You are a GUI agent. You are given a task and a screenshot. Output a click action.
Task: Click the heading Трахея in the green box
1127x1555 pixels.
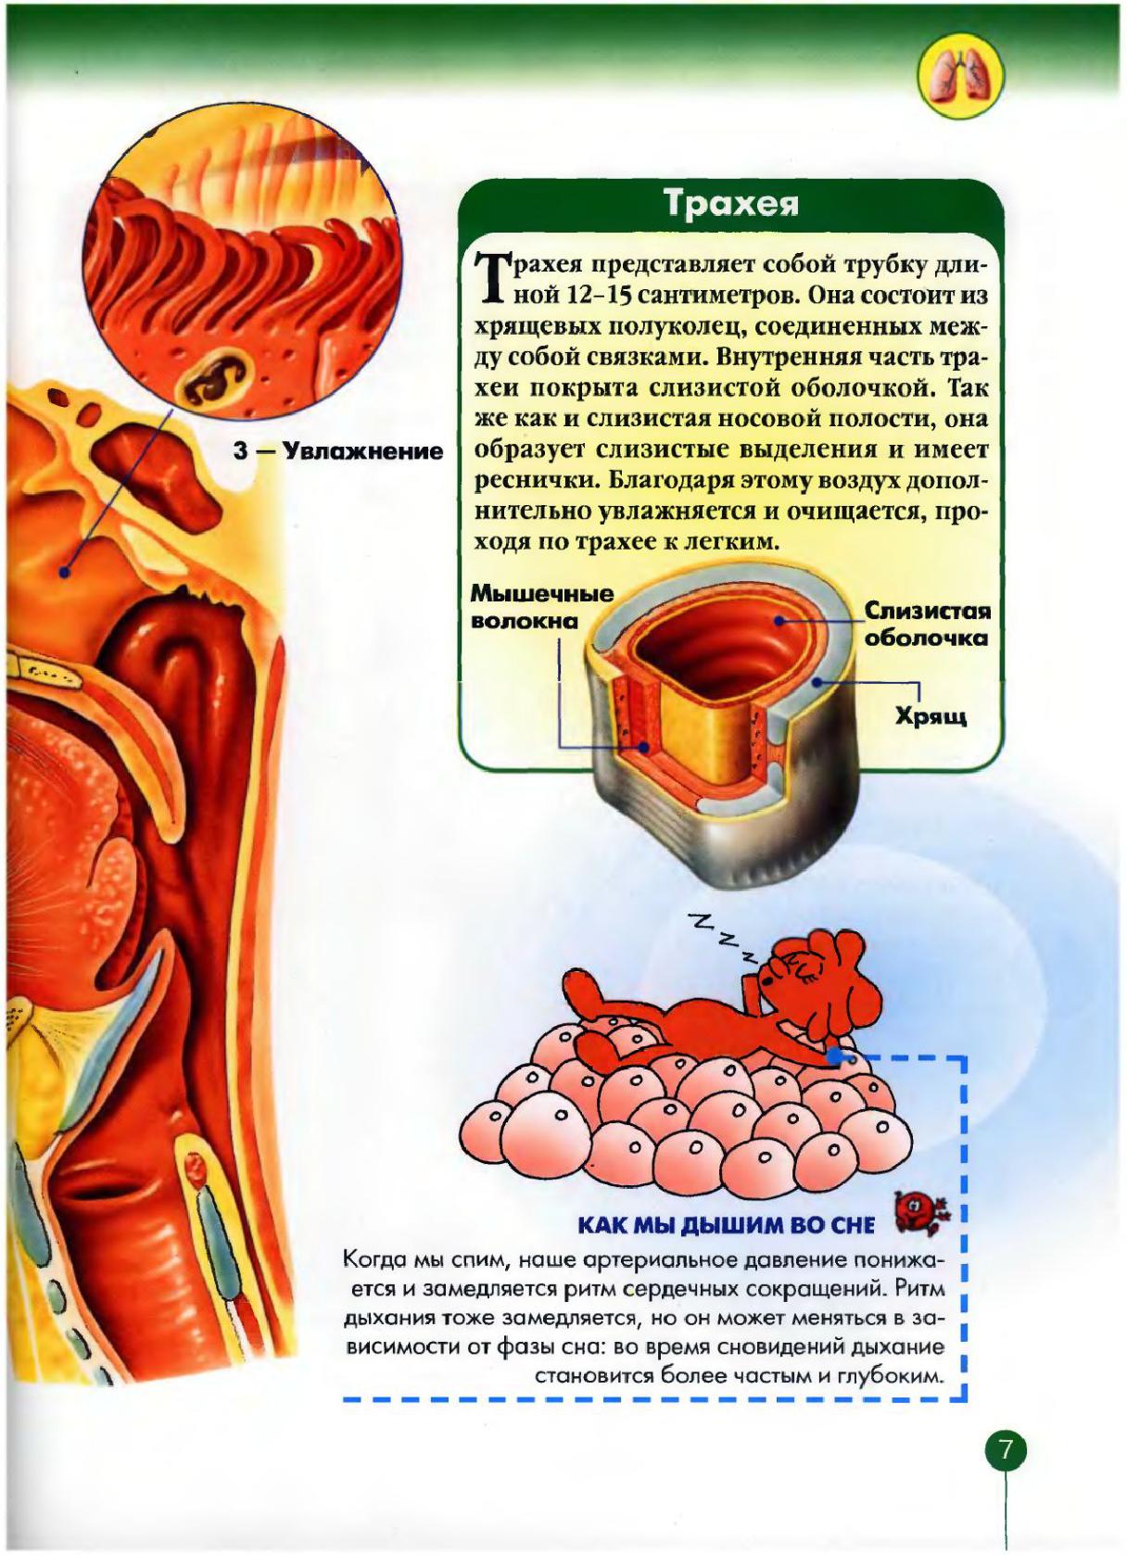coord(732,203)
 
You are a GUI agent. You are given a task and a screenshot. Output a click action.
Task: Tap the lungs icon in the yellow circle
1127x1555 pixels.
coord(961,77)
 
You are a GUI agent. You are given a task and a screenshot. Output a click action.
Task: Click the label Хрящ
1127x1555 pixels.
coord(931,715)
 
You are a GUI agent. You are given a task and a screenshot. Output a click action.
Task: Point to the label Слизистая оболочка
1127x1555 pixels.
coord(926,624)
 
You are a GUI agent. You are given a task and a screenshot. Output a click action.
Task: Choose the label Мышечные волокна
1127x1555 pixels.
coord(542,605)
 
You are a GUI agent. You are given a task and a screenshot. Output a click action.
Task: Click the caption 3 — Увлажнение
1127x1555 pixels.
coord(337,451)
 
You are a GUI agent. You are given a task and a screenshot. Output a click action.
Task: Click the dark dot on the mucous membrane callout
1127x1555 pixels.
coord(779,620)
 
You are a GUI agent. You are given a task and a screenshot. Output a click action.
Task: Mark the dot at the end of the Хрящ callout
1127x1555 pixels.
coord(818,682)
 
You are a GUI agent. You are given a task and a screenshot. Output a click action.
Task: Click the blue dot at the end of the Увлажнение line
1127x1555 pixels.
coord(65,572)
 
